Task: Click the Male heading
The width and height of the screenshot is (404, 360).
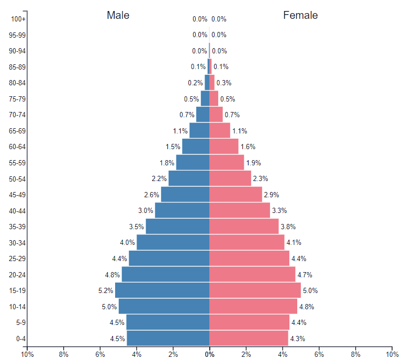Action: [118, 15]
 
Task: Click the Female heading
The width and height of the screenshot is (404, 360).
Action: [300, 15]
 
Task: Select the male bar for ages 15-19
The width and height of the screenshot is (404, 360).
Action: [162, 290]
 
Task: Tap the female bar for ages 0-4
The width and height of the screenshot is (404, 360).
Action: [249, 338]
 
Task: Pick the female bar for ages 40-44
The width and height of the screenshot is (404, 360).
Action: [240, 210]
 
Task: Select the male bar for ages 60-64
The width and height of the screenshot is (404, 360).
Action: [196, 147]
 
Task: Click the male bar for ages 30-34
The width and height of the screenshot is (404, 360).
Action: [173, 242]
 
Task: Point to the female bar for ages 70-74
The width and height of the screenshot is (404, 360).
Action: [216, 115]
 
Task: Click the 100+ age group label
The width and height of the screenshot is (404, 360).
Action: [18, 19]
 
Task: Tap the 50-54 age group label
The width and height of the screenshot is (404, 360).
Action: [18, 179]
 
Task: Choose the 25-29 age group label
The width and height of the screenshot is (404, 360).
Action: [18, 259]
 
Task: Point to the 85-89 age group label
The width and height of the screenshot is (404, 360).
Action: [18, 67]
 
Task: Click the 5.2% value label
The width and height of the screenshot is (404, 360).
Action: [106, 290]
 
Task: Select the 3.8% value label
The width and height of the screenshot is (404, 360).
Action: [288, 227]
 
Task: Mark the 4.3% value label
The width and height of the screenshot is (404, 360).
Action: [297, 339]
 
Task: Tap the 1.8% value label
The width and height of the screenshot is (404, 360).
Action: [167, 163]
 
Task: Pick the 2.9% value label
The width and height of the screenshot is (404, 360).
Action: [272, 195]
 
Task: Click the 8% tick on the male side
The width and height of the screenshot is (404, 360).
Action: [64, 354]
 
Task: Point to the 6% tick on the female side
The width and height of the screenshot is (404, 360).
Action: [319, 354]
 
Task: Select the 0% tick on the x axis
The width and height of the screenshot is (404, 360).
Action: [209, 354]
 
